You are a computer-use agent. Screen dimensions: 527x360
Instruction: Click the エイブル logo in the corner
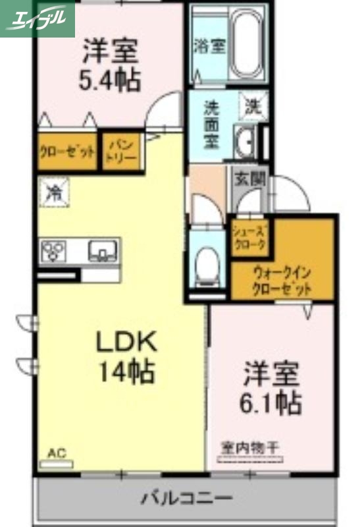37,18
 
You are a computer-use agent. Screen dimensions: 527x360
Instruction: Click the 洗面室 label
212,125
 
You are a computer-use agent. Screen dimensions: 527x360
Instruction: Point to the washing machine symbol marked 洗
253,105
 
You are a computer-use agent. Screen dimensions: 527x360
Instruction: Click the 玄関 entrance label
249,178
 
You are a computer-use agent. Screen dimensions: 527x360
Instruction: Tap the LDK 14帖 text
126,358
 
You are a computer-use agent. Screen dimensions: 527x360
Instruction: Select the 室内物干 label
249,448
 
